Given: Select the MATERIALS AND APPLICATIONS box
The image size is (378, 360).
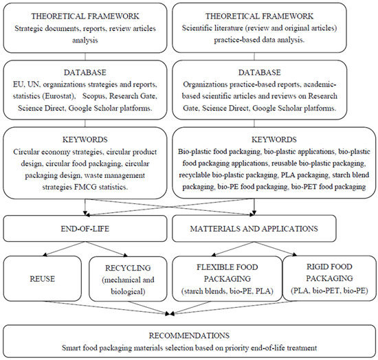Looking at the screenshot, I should point(272,229).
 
